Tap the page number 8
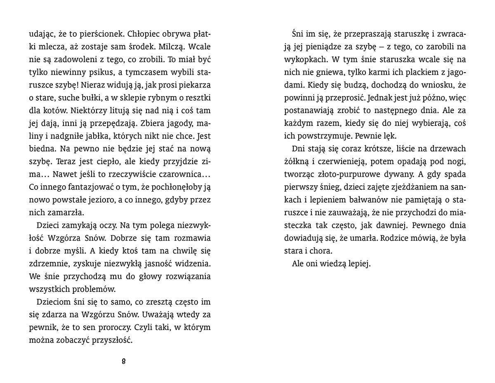coord(124,362)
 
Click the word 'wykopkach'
coord(304,59)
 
